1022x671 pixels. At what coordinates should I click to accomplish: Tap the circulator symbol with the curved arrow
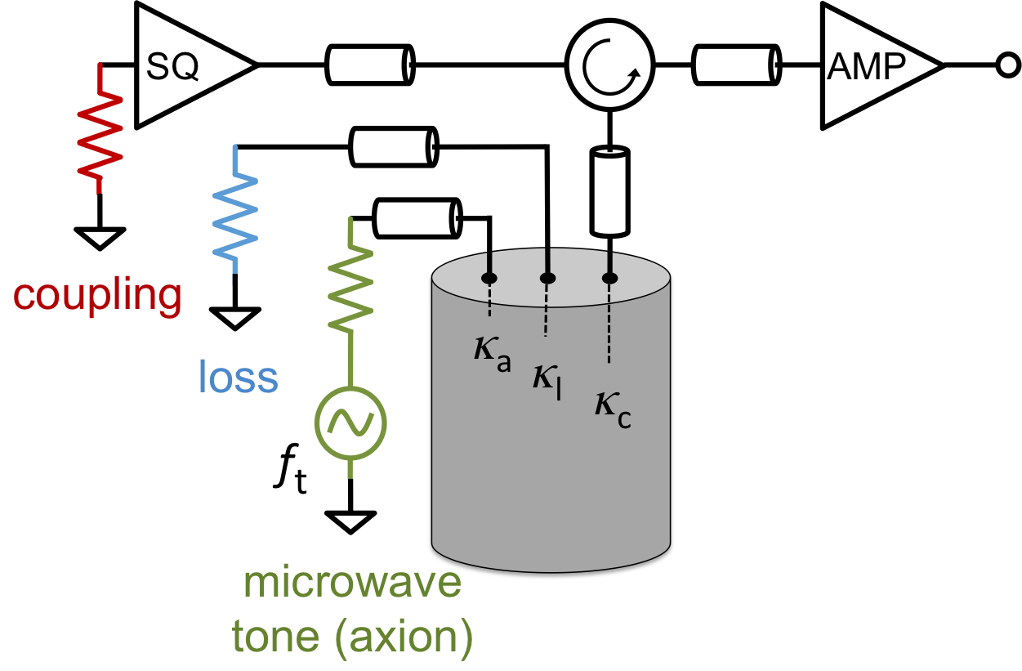pos(609,65)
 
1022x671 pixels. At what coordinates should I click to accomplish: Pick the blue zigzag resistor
pos(235,210)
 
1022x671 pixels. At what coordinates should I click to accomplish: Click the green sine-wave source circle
pos(350,423)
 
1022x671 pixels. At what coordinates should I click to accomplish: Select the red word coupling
pos(97,295)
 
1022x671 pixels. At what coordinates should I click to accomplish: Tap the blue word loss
pos(238,377)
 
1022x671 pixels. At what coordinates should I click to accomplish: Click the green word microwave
pos(352,584)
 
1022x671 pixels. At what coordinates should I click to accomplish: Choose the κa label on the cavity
pos(492,353)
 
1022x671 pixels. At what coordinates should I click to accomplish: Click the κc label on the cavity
pos(612,411)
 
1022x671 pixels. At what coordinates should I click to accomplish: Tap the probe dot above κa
pos(489,279)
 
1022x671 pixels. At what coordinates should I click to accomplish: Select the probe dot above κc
pos(609,279)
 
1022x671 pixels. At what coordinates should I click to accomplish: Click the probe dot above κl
pos(547,279)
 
